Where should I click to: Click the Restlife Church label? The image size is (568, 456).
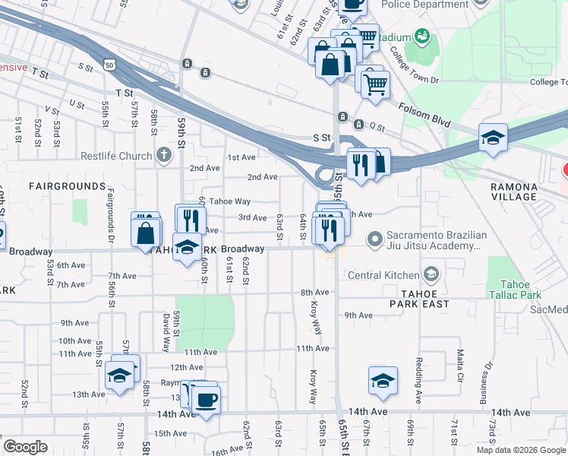click(116, 157)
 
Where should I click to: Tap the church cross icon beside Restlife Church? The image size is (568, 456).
click(163, 157)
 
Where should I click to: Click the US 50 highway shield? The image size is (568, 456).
click(111, 66)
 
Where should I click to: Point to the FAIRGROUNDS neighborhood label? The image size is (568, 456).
click(68, 186)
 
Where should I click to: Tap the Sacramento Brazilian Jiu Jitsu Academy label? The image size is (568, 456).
click(434, 240)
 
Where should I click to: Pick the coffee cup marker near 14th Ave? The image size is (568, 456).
click(206, 399)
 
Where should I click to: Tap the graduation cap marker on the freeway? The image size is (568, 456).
click(493, 138)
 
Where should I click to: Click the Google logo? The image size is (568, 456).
click(25, 447)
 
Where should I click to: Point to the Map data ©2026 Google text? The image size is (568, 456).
click(521, 450)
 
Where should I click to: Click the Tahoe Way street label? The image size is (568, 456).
click(229, 201)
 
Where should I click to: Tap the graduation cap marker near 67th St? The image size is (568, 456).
click(383, 381)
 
